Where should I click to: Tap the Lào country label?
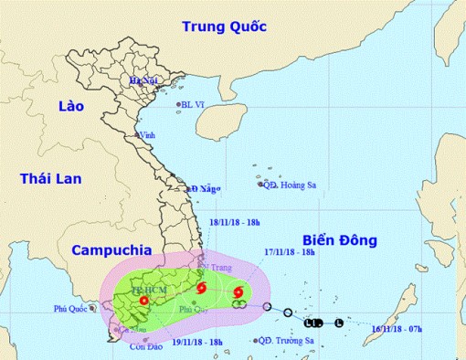[69, 106]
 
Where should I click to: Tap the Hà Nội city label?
[144, 81]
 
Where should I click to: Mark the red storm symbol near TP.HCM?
[143, 298]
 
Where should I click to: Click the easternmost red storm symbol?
[238, 293]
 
